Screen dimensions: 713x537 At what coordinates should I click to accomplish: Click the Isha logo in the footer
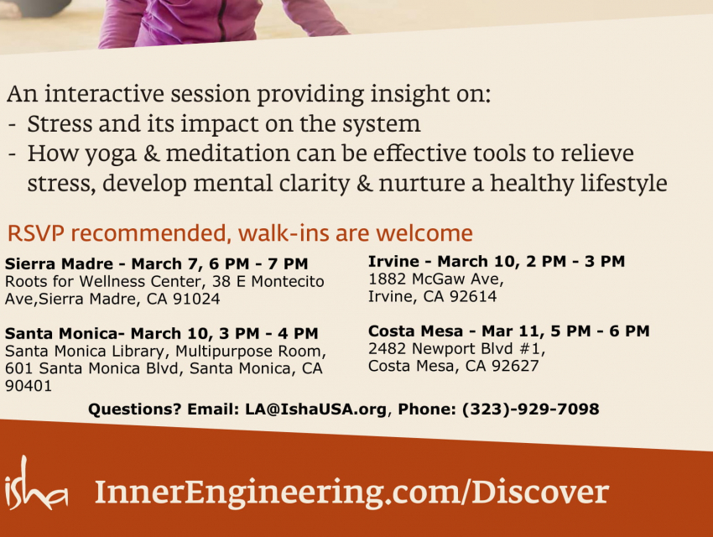pyautogui.click(x=36, y=483)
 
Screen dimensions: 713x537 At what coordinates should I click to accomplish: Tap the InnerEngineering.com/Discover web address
pyautogui.click(x=351, y=493)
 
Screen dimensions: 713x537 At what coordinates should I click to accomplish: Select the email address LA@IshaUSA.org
pyautogui.click(x=315, y=409)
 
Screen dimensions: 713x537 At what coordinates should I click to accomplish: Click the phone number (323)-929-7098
pyautogui.click(x=531, y=409)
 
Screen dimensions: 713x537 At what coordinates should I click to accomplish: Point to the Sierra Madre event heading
pyautogui.click(x=156, y=263)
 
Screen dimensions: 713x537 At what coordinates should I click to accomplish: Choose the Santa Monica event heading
pyautogui.click(x=161, y=333)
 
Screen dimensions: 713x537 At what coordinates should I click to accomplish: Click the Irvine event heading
pyautogui.click(x=497, y=262)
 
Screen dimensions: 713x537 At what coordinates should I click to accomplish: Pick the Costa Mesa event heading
pyautogui.click(x=509, y=331)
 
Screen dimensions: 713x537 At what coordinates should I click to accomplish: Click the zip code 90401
pyautogui.click(x=29, y=386)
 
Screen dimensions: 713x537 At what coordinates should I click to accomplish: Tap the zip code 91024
pyautogui.click(x=196, y=299)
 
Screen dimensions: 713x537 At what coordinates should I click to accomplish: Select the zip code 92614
pyautogui.click(x=473, y=296)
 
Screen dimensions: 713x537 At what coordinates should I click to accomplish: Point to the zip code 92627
pyautogui.click(x=515, y=366)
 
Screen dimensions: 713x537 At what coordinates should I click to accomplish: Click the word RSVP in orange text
pyautogui.click(x=36, y=233)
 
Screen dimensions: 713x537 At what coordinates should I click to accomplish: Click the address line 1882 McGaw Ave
pyautogui.click(x=435, y=279)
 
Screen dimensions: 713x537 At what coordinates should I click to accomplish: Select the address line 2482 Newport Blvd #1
pyautogui.click(x=456, y=349)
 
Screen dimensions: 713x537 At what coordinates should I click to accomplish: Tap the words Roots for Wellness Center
pyautogui.click(x=104, y=281)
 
